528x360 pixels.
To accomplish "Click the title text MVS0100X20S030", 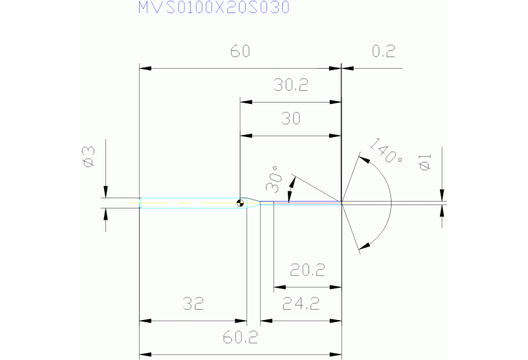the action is click(x=213, y=8).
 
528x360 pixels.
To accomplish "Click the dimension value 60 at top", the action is click(x=240, y=53).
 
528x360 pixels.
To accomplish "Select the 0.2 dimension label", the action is click(x=383, y=53).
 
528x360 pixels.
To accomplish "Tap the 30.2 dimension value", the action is click(x=291, y=85).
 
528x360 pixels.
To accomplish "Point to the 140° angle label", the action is click(x=386, y=152).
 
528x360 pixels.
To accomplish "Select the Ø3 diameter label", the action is click(x=88, y=157).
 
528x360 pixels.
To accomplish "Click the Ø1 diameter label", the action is click(x=425, y=164).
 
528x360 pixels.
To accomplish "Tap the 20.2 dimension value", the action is click(x=308, y=270).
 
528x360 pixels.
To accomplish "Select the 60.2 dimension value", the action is click(x=240, y=338).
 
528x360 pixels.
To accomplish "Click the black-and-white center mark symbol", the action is click(x=240, y=202).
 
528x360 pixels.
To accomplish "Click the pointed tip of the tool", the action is click(x=341, y=202).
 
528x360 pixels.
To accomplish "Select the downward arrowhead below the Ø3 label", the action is click(x=105, y=193).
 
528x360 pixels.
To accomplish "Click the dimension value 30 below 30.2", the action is click(x=291, y=119).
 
